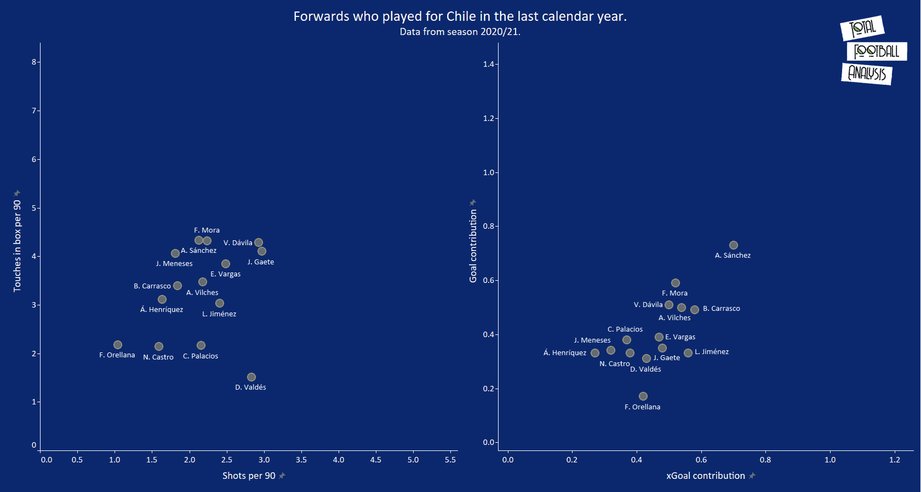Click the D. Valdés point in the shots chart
251,377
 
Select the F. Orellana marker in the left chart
118,345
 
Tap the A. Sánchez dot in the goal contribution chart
734,245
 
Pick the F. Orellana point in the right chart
643,396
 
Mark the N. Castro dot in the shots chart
159,346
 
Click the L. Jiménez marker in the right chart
688,353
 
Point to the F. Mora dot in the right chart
676,283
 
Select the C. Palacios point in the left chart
201,345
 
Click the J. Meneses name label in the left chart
174,264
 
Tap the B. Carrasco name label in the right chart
721,309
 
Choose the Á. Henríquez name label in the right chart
564,353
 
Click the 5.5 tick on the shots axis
450,460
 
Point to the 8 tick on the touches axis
34,62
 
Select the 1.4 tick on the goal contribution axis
488,65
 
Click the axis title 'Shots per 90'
249,476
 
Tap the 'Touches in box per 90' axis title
18,246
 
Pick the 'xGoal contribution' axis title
705,476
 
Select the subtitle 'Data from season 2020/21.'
460,32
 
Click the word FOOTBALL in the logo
877,51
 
